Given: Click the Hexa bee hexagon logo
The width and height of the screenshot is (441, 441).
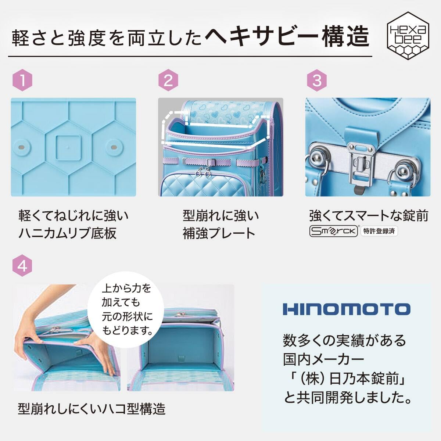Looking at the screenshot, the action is pos(408,36).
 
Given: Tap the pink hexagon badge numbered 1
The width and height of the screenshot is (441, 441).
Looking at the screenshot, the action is pos(22,80).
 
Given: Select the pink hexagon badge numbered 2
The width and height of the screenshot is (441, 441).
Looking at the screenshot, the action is pos(168,80).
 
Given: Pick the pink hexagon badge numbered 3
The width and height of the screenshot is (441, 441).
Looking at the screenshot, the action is pos(317,80).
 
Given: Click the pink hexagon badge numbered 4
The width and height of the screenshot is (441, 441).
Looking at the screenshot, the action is pos(22,265).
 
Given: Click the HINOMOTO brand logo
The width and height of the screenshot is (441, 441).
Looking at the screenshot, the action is pos(347,309).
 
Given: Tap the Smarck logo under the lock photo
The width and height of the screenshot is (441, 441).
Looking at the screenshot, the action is pos(333,231).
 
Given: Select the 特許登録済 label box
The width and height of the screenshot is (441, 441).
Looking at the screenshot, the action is pos(379,231).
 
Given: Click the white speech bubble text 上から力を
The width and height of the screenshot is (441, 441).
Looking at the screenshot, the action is pos(126,288).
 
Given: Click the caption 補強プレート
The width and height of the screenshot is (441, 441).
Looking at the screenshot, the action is pos(219,233).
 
